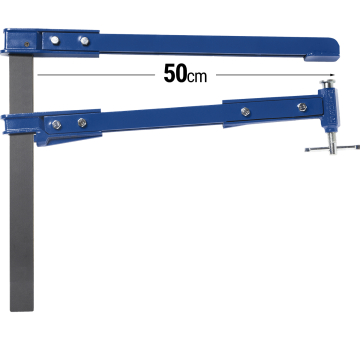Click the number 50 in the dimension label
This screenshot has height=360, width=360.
coord(171,73)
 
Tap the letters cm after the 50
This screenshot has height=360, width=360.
coord(196,77)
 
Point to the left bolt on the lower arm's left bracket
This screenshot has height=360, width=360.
coord(56,124)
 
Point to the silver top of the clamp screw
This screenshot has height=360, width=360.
coord(325,88)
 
